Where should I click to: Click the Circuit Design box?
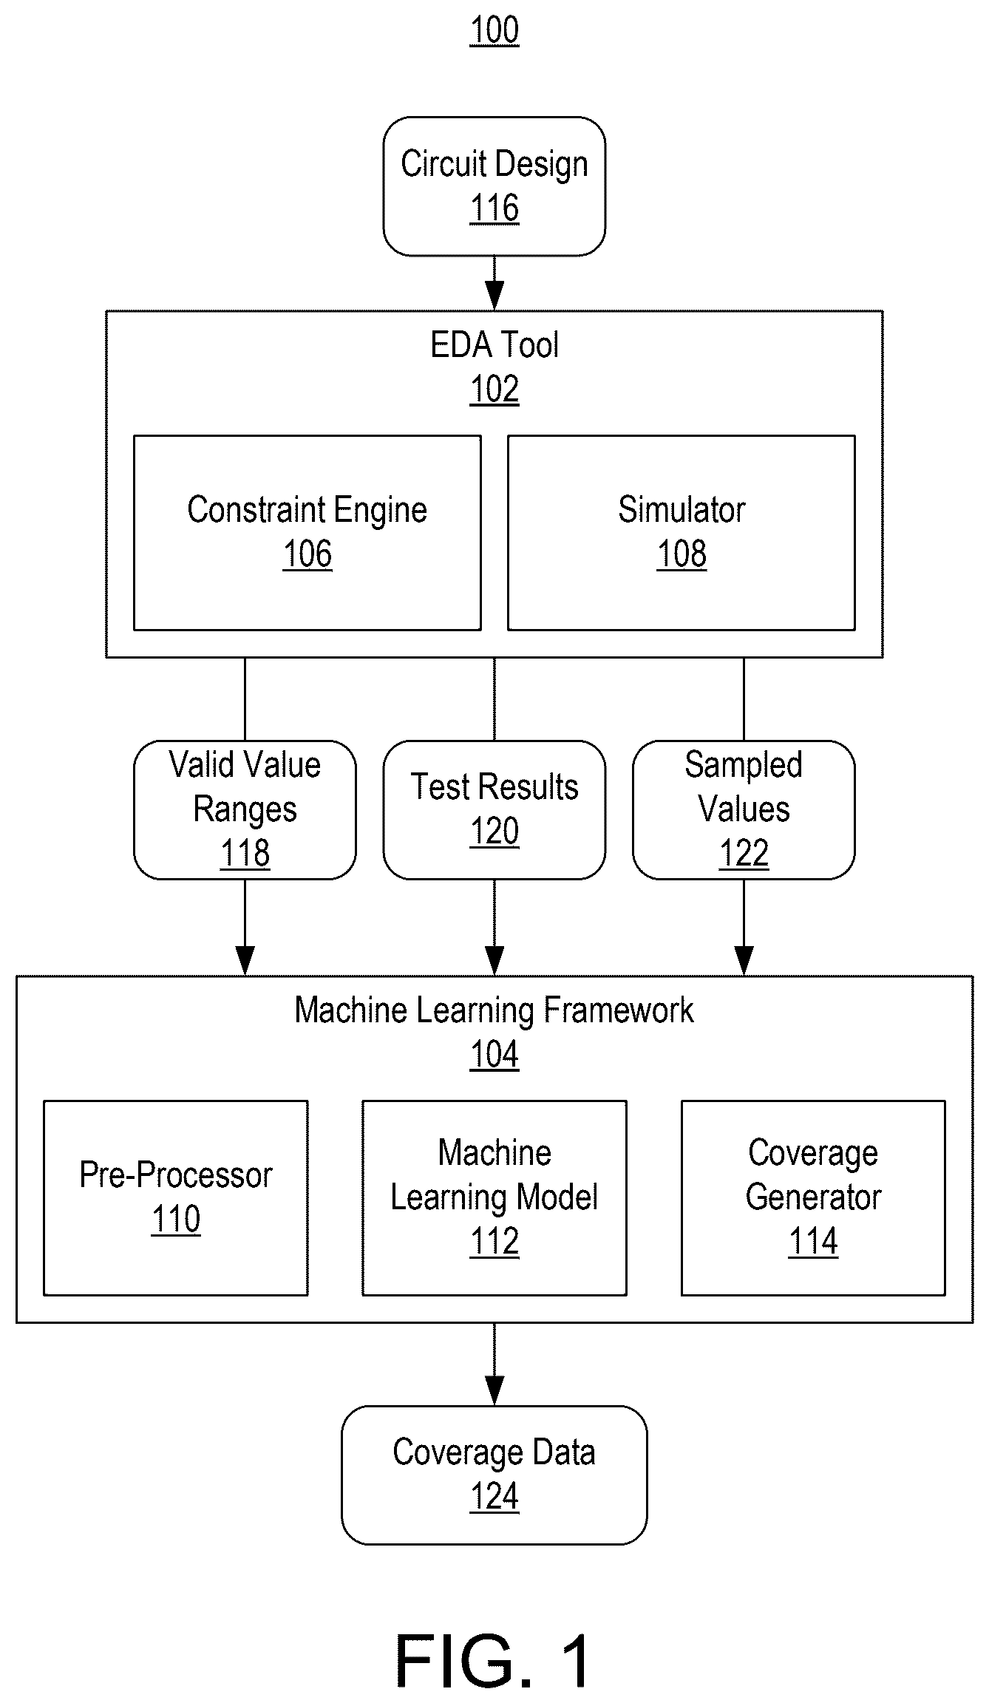point(494,186)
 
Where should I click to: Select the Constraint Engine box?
point(307,533)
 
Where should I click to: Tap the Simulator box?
point(682,533)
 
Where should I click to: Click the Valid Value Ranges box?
point(245,810)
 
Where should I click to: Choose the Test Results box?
point(494,810)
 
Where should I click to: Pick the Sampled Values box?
point(744,810)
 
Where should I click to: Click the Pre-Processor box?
point(176,1198)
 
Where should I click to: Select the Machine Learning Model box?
point(494,1198)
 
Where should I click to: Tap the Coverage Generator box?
point(813,1198)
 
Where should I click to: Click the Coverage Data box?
point(494,1475)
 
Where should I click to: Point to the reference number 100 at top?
point(494,30)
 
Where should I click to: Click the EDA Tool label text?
point(494,345)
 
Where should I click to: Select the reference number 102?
point(494,390)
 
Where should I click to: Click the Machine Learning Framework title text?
point(494,1010)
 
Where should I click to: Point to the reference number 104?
point(494,1055)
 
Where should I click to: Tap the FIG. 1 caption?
point(494,1660)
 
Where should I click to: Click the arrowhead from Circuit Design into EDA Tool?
point(494,296)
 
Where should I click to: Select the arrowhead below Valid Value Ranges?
point(245,961)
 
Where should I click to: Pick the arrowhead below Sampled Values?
point(744,961)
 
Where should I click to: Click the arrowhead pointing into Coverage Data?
point(494,1390)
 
